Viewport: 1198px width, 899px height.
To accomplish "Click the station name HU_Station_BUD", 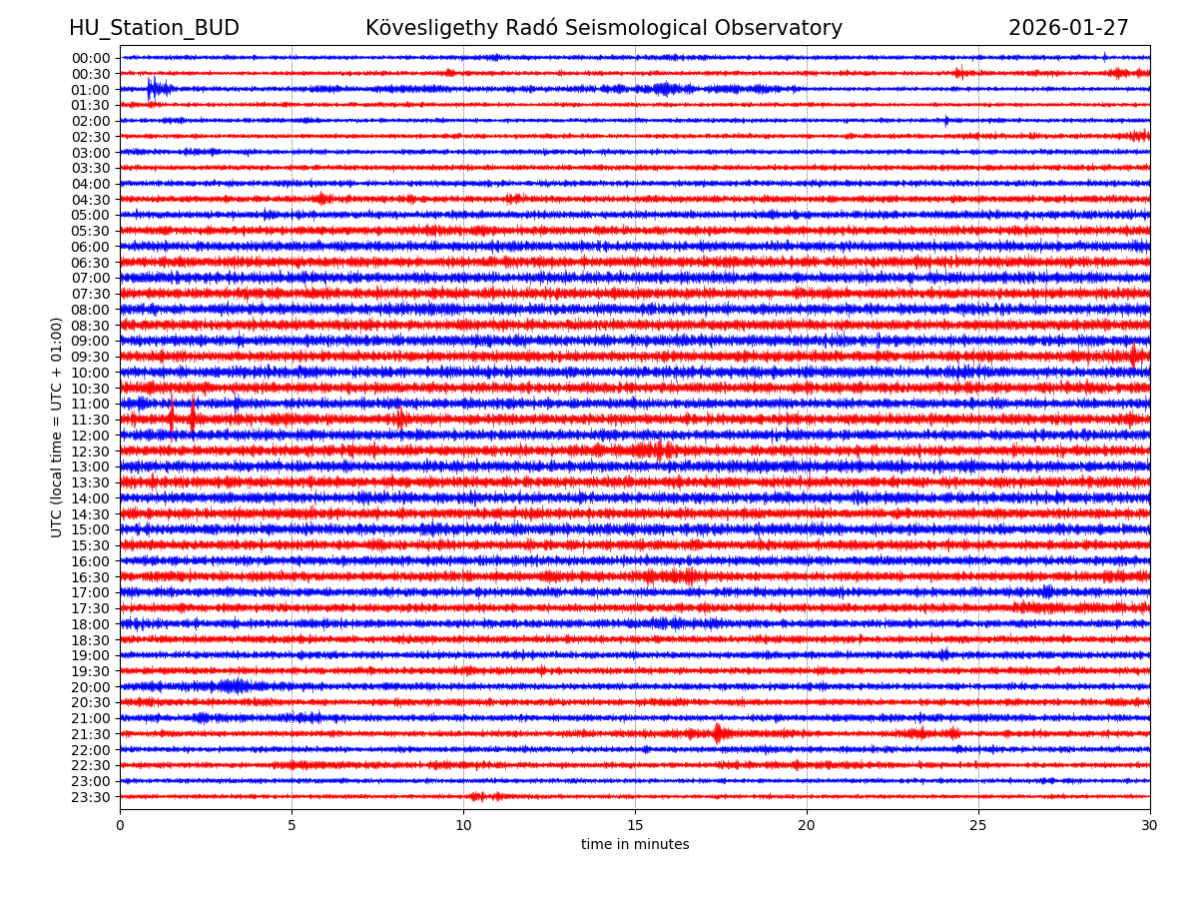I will (154, 28).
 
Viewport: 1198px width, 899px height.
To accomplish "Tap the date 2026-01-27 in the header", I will (1068, 28).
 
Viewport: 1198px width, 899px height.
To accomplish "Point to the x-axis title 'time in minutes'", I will (635, 845).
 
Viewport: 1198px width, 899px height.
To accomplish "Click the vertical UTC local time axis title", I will (57, 427).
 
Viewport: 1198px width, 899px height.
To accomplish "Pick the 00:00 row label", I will (91, 58).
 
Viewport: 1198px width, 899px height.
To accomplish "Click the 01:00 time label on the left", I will (91, 89).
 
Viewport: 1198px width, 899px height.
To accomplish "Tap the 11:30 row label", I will (91, 420).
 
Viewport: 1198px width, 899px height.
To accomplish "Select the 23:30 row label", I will (91, 797).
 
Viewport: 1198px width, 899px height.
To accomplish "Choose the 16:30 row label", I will (91, 577).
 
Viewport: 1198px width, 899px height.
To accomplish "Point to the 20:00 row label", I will (91, 687).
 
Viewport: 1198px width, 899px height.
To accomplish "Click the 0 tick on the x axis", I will (120, 825).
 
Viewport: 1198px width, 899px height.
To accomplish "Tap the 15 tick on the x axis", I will (635, 825).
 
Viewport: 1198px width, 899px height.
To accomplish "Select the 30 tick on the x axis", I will (1150, 825).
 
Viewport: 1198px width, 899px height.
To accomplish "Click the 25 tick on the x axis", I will (978, 825).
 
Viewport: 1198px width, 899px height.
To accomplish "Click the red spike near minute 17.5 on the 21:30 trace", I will (717, 733).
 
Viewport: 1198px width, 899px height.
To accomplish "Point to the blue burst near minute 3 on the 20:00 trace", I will (234, 686).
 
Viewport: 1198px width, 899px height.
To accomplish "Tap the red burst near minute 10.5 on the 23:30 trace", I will (477, 796).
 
